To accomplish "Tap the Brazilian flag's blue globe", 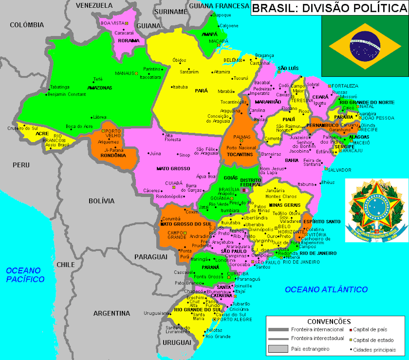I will point(365,46).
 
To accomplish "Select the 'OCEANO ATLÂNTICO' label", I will point(326,289).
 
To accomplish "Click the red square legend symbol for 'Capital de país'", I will point(350,329).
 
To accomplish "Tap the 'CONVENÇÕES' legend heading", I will point(329,322).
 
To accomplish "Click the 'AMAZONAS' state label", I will point(99,88).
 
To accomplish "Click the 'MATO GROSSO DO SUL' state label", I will point(186,224).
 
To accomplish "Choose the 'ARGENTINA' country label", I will point(112,313).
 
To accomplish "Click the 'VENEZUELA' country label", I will point(94,5).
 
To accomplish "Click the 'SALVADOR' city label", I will point(339,170).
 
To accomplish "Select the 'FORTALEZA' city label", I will point(345,86).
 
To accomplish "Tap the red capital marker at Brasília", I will point(244,190).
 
